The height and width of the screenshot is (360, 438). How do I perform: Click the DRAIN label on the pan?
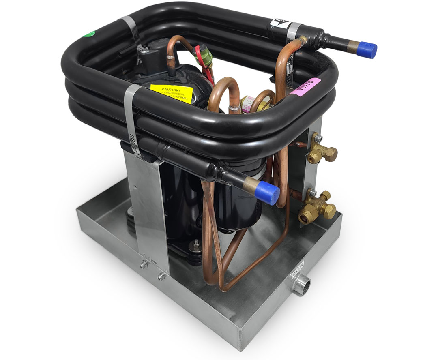[300, 272]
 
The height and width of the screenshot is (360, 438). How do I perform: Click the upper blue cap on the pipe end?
[369, 50]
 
